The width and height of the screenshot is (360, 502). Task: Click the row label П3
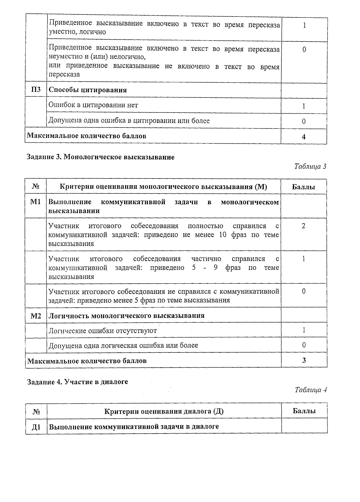coord(36,90)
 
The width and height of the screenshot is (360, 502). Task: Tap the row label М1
coord(36,202)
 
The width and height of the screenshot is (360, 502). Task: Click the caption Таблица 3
coord(310,166)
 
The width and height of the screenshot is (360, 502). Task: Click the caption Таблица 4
coord(310,390)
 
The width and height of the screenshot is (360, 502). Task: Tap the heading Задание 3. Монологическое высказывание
coord(100,157)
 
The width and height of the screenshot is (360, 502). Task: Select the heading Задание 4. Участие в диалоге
coord(77,382)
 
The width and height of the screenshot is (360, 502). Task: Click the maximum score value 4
coord(304,137)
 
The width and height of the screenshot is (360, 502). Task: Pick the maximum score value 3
coord(304,360)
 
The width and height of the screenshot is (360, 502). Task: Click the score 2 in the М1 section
coord(304,226)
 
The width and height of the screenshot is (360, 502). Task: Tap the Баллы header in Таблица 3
coord(304,187)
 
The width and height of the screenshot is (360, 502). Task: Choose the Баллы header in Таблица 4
coord(304,411)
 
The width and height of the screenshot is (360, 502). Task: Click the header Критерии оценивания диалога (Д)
coord(164,411)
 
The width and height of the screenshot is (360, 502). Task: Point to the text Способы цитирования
coord(88,90)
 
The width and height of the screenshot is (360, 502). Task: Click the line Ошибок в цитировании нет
coord(93,105)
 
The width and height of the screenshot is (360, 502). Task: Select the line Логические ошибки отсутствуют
coord(103,331)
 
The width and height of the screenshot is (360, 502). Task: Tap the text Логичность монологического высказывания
coord(127,316)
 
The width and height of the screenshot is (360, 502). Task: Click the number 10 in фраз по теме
coord(223,235)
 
